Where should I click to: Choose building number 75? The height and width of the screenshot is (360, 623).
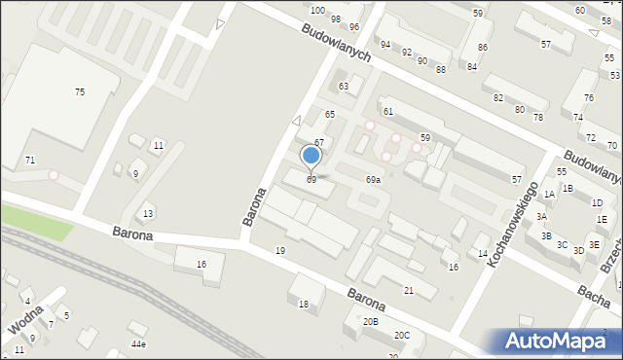[80, 91]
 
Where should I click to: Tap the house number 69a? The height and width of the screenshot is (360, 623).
[373, 180]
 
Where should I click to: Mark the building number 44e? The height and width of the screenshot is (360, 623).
[139, 344]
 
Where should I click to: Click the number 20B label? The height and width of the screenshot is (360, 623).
[370, 321]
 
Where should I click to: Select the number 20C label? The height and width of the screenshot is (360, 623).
[402, 336]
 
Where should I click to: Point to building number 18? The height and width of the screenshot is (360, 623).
[304, 305]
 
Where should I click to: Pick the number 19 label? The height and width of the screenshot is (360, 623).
[280, 251]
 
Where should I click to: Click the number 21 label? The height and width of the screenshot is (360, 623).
[409, 291]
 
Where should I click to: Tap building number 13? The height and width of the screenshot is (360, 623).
[148, 213]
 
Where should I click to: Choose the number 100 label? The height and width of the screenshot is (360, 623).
[317, 10]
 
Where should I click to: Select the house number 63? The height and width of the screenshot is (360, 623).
[343, 87]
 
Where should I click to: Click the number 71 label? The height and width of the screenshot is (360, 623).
[30, 160]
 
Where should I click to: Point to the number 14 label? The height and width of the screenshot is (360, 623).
[482, 253]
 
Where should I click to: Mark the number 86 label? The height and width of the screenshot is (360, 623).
[482, 48]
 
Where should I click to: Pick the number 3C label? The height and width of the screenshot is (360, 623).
[562, 245]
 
